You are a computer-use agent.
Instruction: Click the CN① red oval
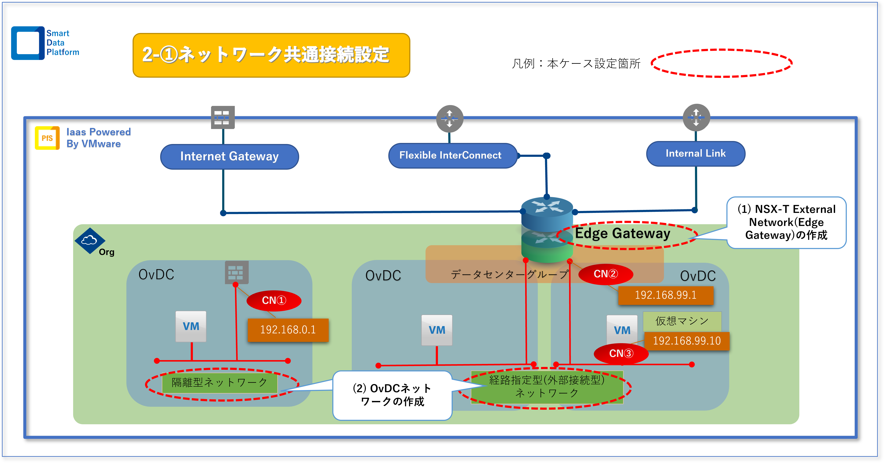tap(274, 301)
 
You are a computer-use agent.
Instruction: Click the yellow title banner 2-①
tap(271, 55)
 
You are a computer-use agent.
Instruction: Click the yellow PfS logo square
tap(47, 138)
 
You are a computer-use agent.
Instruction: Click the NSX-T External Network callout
tap(786, 223)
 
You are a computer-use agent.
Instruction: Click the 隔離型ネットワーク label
tap(220, 383)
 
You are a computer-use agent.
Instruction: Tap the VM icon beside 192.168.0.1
tap(191, 326)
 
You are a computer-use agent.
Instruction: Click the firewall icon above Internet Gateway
tap(223, 117)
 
